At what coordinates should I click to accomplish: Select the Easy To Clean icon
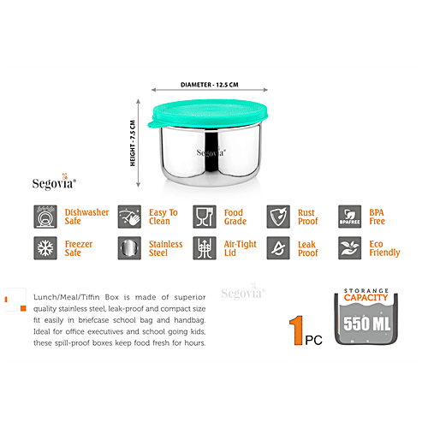pos(128,215)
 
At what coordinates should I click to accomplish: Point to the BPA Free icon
pos(349,215)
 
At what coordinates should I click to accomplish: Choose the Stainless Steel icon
pos(128,249)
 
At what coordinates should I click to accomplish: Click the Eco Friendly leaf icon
pos(349,249)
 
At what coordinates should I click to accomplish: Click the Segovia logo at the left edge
pos(55,181)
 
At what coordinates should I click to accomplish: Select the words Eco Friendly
pos(383,249)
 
